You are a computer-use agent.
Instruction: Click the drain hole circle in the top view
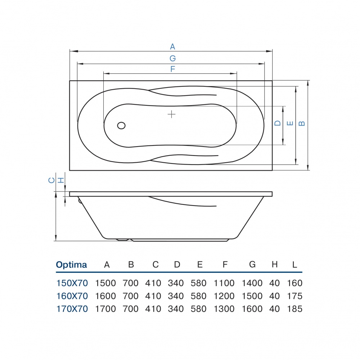121,125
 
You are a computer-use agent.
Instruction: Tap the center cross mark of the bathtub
172,114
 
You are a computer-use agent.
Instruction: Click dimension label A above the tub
172,46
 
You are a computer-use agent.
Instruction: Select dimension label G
172,58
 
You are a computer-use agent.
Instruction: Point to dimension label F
172,69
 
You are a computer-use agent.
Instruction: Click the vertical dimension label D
277,123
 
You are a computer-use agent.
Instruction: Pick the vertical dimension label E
290,123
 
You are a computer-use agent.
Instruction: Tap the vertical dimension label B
302,123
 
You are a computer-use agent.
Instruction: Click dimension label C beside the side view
52,180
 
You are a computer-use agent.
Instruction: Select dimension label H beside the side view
61,180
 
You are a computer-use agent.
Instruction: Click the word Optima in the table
71,265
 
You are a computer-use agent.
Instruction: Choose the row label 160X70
72,296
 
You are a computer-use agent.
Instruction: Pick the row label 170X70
72,309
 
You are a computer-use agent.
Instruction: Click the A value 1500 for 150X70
105,283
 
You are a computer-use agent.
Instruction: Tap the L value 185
294,309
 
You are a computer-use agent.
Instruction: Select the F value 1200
224,296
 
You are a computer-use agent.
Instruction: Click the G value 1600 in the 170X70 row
252,309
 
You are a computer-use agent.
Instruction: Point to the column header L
294,265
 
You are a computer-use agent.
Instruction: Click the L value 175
294,296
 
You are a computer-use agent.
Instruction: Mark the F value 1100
224,283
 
